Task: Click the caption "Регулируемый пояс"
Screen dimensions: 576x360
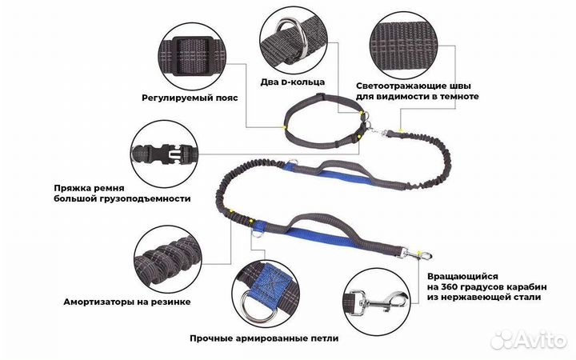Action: (190, 98)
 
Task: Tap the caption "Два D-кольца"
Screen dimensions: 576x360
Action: (293, 82)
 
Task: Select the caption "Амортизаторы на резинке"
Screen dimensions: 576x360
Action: (127, 302)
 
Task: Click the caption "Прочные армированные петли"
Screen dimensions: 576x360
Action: (264, 338)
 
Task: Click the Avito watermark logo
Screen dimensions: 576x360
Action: (528, 340)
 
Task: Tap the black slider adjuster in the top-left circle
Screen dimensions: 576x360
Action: (192, 56)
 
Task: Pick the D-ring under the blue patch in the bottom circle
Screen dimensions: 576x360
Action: (257, 306)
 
